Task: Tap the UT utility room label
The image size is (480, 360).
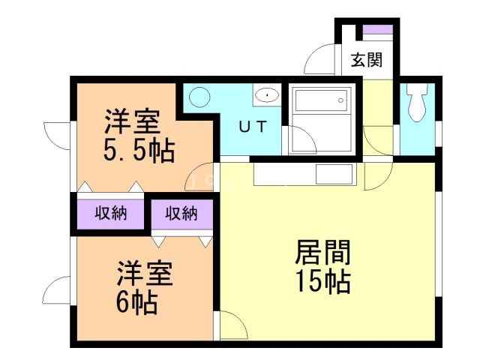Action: tap(251, 126)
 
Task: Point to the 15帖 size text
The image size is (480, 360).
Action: tap(324, 281)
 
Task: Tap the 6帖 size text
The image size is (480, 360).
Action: tap(136, 302)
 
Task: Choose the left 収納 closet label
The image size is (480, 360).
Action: tap(110, 214)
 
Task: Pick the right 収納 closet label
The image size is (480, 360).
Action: tap(181, 214)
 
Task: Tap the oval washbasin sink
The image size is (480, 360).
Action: tap(266, 95)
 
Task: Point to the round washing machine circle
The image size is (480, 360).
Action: tap(199, 97)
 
